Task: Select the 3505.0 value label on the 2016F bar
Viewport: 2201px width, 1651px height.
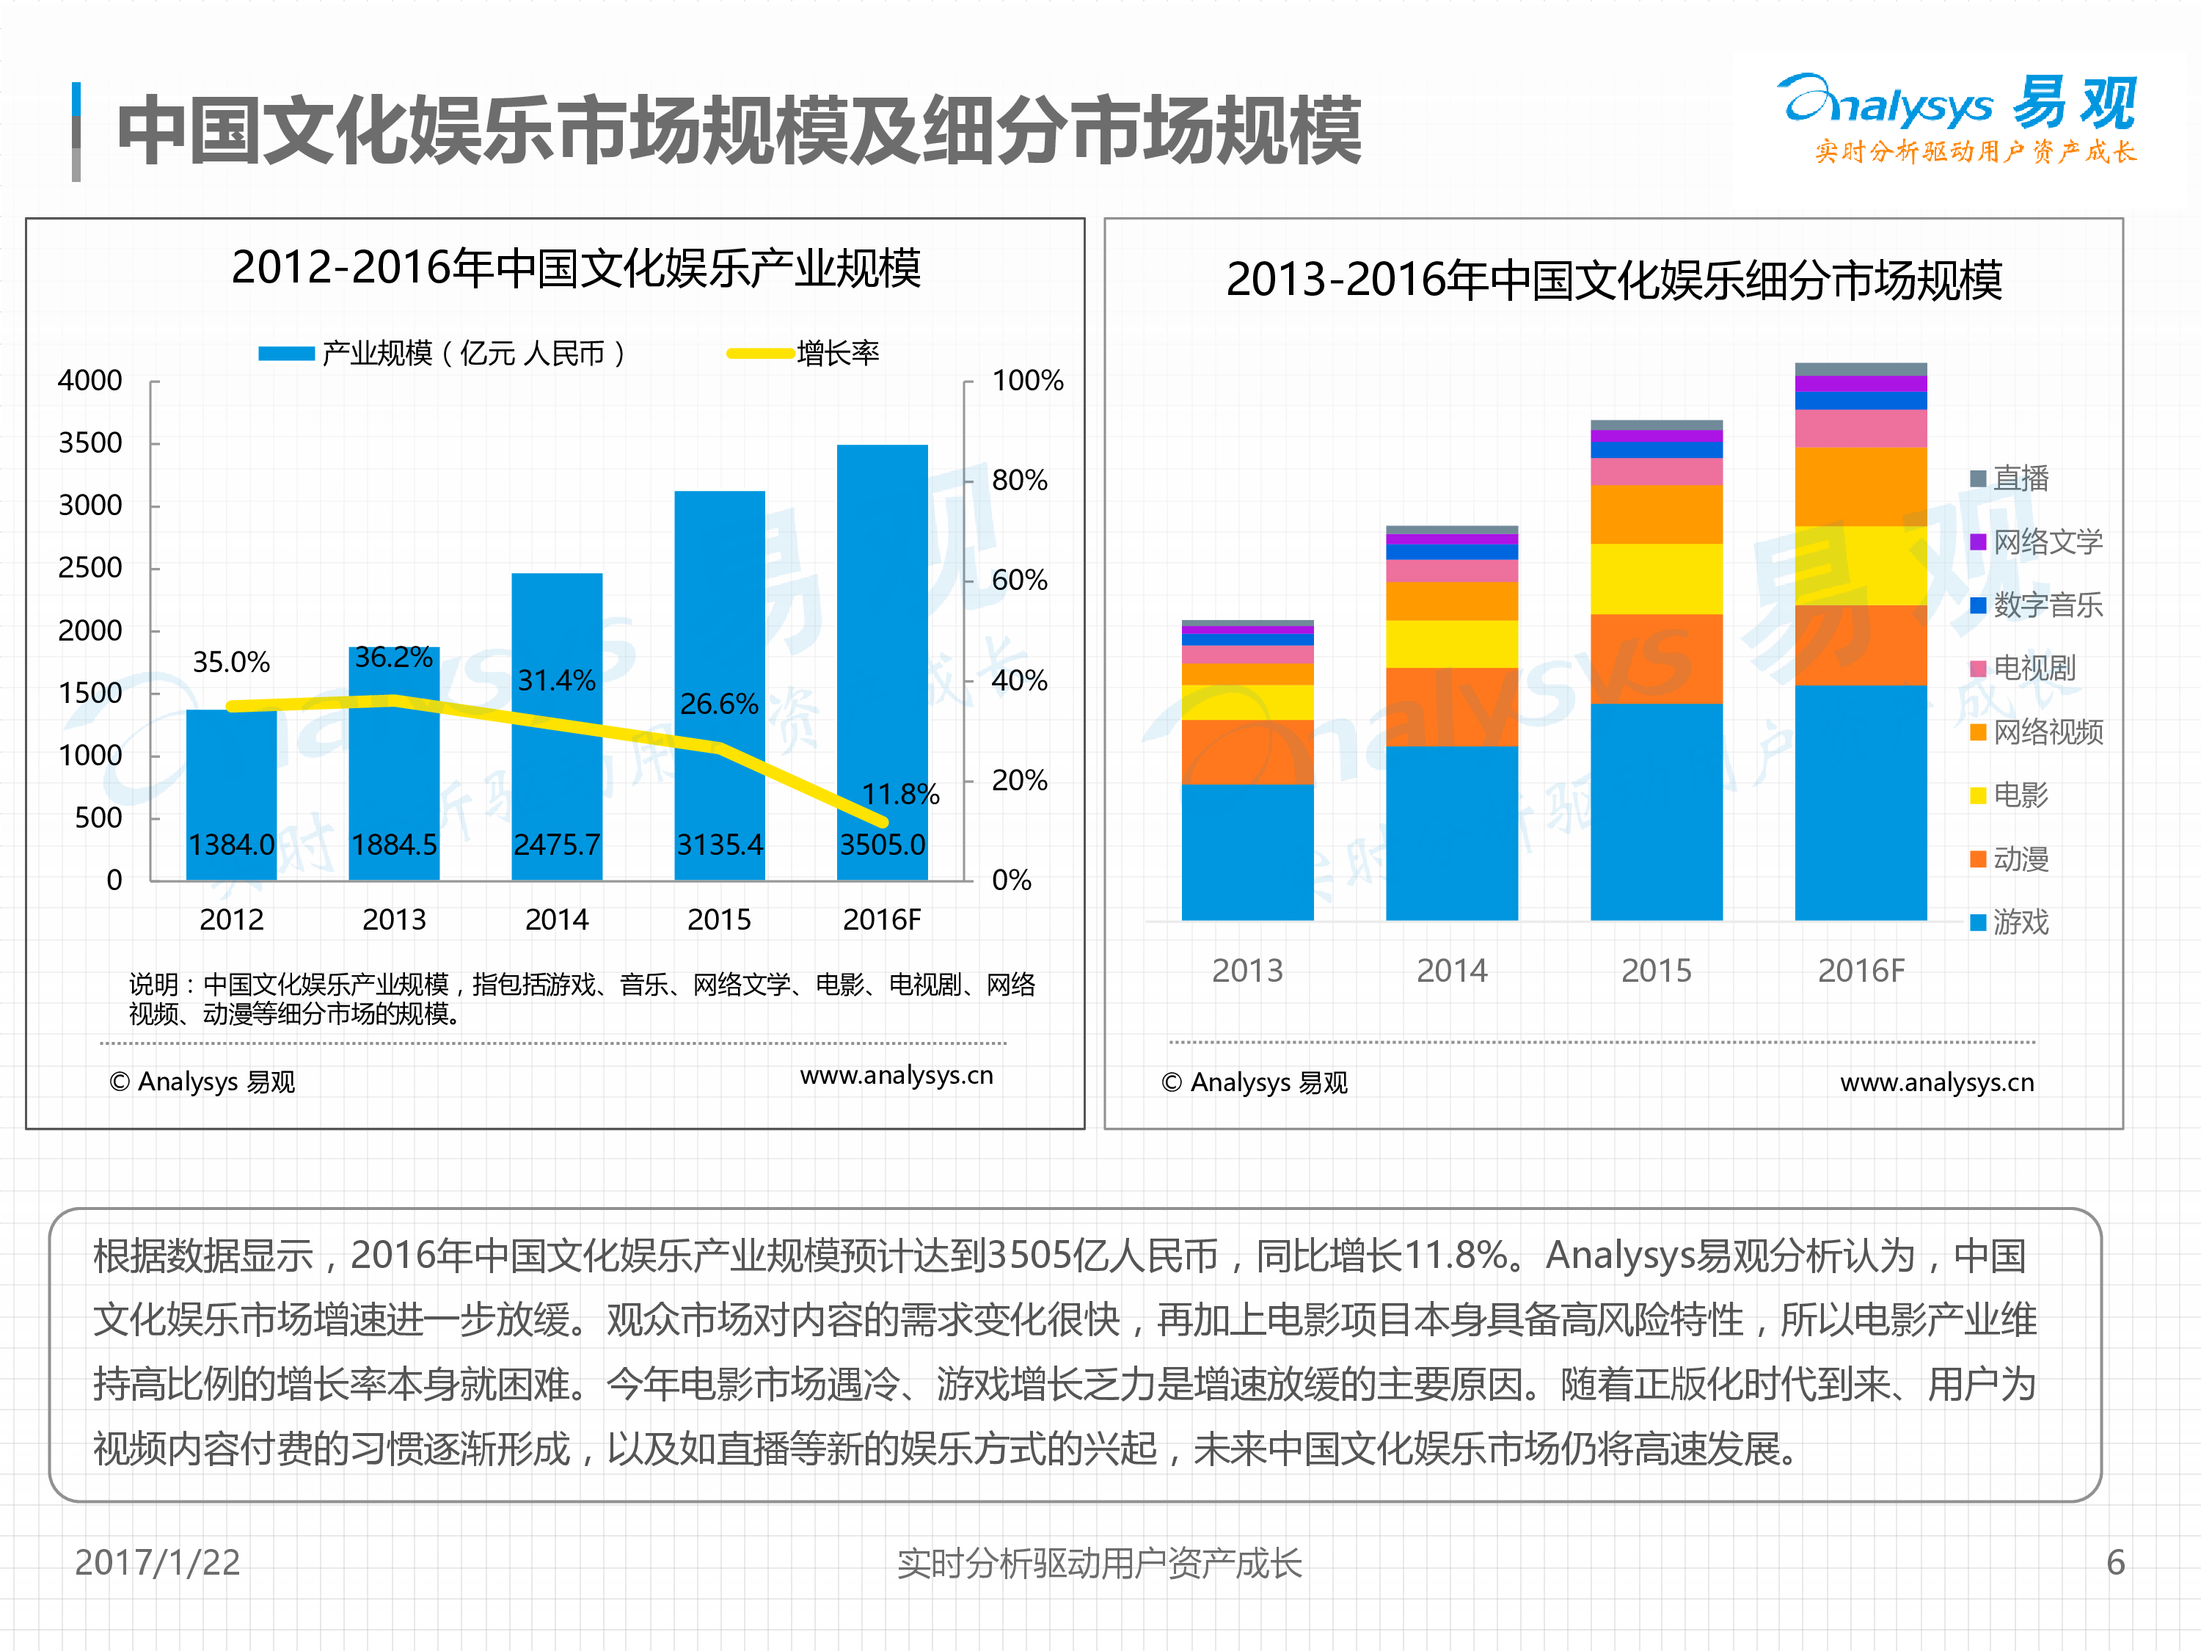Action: click(882, 845)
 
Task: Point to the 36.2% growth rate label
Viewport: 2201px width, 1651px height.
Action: click(393, 657)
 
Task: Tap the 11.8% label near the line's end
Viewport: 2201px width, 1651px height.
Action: click(899, 794)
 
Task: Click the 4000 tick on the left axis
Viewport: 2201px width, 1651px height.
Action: click(90, 380)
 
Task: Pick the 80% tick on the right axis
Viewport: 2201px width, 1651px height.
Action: click(1019, 481)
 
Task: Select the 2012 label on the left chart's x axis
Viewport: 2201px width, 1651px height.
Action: click(231, 919)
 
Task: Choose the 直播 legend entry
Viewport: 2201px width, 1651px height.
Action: click(2020, 478)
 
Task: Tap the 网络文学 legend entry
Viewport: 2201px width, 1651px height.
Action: click(2045, 542)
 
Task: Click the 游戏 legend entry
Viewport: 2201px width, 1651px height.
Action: click(2020, 922)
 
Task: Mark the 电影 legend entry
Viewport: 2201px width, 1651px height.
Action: click(2020, 795)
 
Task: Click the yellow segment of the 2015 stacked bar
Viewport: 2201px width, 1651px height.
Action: click(1656, 578)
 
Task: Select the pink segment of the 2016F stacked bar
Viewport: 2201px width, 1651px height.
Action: click(1860, 428)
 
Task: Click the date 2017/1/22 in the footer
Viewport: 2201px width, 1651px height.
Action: click(157, 1562)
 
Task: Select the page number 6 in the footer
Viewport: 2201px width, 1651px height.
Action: click(2115, 1562)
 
